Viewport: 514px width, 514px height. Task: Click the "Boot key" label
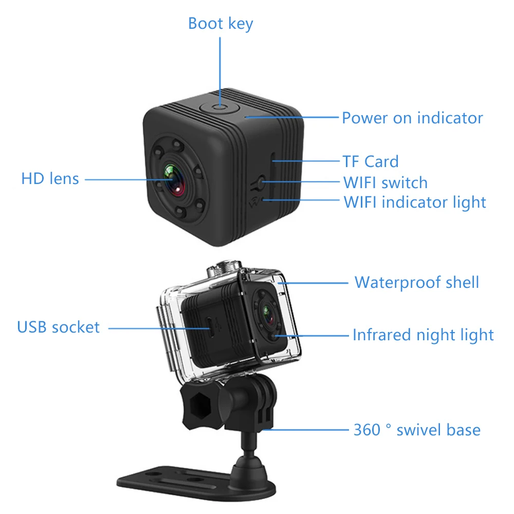[x=221, y=24]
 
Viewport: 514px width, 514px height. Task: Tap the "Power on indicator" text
[x=412, y=118]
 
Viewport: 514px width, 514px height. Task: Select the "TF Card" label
[x=371, y=161]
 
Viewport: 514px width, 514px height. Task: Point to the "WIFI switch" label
[x=385, y=182]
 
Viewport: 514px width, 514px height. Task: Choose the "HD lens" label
[x=50, y=179]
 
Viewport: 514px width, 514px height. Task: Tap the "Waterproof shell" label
[x=417, y=282]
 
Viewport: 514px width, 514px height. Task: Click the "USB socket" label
[x=59, y=327]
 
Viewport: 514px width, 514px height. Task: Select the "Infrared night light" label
[x=423, y=335]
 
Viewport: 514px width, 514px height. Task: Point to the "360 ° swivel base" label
[x=417, y=430]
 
